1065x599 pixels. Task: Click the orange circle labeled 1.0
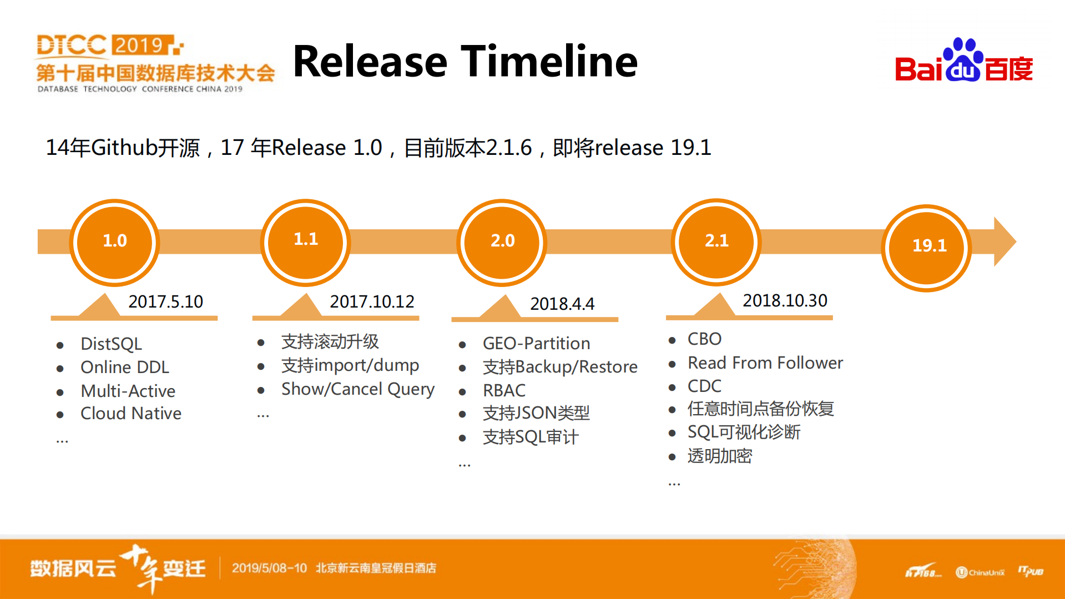tap(115, 241)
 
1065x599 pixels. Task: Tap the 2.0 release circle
tap(502, 241)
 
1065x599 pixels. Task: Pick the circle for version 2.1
tap(716, 241)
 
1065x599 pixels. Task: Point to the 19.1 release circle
tap(927, 247)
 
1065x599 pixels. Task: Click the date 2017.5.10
tap(165, 301)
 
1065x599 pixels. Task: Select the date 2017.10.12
tap(372, 301)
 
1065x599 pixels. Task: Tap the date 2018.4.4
tap(562, 304)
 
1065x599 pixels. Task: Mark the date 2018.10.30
tap(785, 300)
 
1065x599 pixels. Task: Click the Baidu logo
tap(963, 61)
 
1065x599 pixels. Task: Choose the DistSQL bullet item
tap(111, 344)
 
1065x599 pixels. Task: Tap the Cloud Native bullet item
tap(131, 414)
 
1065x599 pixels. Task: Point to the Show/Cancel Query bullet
tap(357, 389)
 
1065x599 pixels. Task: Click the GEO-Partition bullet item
tap(536, 344)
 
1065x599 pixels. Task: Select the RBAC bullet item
tap(504, 390)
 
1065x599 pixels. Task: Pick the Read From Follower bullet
tap(765, 363)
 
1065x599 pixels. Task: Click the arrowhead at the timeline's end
tap(1005, 241)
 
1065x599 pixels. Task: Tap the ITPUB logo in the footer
tap(1031, 571)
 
